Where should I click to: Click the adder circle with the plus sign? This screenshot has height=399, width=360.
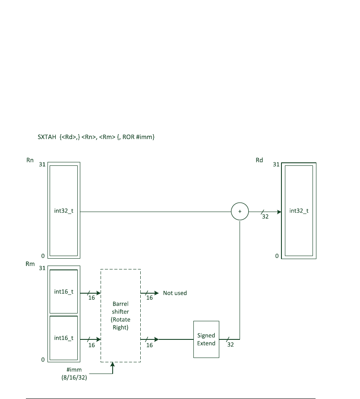click(x=240, y=212)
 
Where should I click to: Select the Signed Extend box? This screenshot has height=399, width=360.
click(x=206, y=339)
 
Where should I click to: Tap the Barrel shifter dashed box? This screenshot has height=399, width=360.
click(x=120, y=315)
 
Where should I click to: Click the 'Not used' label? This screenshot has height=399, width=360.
click(x=175, y=293)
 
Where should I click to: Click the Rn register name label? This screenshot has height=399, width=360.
click(x=29, y=160)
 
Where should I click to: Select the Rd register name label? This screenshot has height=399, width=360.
click(x=259, y=160)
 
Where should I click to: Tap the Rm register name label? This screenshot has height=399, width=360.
click(x=30, y=263)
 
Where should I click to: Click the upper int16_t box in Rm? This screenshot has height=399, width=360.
click(x=64, y=291)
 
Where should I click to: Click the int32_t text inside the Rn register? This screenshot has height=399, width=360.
click(x=64, y=212)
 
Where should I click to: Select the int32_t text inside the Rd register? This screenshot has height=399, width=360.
click(x=299, y=211)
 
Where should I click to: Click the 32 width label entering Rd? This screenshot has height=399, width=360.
click(x=265, y=217)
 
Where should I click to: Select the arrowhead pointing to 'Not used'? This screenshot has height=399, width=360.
click(x=156, y=293)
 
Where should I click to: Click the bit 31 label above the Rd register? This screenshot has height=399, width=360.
click(x=276, y=165)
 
